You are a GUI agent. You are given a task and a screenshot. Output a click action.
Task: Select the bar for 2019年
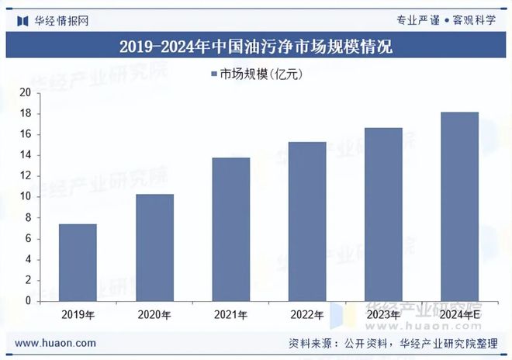tap(78, 262)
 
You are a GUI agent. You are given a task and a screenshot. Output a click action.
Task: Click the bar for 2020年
tap(154, 247)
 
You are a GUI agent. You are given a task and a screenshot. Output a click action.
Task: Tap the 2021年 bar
tap(231, 229)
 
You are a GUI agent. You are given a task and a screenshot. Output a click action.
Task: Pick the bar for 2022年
tap(307, 221)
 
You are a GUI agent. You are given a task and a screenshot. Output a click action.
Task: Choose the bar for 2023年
tap(383, 214)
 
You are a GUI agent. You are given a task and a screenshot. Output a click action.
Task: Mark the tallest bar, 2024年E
tap(460, 206)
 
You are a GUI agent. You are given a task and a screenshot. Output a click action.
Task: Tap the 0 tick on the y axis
tap(27, 301)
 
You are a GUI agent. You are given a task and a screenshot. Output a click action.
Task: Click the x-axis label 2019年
tap(78, 315)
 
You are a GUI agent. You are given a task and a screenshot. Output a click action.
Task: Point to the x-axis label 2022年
tap(307, 315)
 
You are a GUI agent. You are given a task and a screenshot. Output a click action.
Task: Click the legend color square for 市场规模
tap(214, 74)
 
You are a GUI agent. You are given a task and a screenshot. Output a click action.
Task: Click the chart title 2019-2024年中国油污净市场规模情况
tap(256, 47)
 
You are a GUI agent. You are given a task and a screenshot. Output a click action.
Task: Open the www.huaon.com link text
tap(56, 343)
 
